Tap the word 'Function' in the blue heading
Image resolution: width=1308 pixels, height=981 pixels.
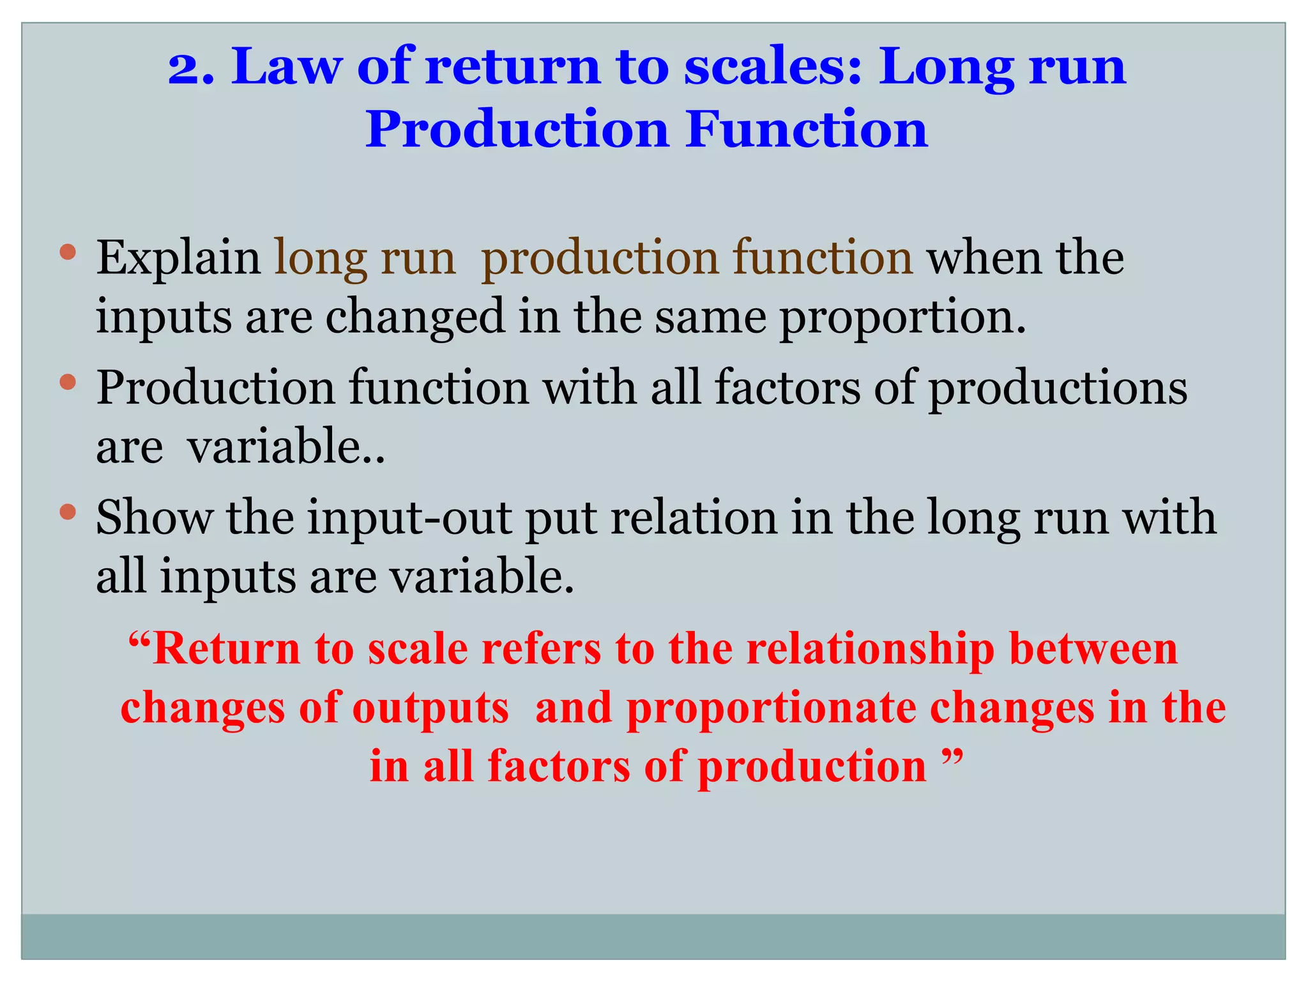807,130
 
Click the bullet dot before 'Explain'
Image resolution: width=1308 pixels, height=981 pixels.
68,252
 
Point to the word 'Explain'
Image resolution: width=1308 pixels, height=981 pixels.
178,259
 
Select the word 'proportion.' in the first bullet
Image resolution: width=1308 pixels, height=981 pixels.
902,317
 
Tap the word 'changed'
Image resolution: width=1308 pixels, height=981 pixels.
415,317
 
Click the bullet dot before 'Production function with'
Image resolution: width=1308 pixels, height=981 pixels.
68,382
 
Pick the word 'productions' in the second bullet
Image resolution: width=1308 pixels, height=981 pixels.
1058,388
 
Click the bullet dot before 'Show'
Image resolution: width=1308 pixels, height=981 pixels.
68,511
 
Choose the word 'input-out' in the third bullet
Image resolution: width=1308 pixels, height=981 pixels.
409,517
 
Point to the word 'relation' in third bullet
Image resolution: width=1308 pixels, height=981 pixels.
694,517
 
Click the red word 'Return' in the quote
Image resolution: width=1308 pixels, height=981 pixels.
226,650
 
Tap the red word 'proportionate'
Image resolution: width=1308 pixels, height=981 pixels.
771,708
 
